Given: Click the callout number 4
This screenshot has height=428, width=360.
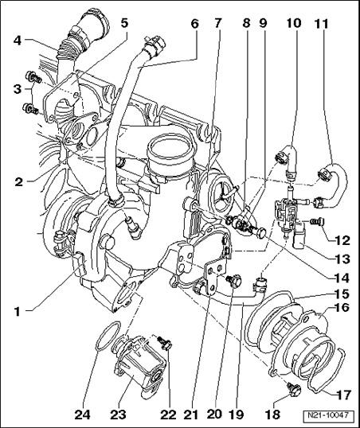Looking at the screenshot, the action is (x=18, y=41).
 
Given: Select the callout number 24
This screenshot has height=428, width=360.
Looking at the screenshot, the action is (x=84, y=414).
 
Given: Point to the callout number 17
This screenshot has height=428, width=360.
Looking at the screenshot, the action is (x=343, y=394).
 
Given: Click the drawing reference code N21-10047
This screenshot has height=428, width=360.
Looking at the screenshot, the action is (x=329, y=415).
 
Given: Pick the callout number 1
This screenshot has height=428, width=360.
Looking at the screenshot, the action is (x=18, y=311).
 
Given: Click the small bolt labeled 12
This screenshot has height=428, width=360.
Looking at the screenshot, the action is (x=318, y=221).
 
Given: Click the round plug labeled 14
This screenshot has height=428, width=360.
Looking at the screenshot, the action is (x=260, y=233).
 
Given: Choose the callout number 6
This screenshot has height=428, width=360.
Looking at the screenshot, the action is (x=194, y=24).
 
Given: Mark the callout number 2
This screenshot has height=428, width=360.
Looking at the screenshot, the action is (x=18, y=182).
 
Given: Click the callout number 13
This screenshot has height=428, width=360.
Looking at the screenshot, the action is (x=342, y=259).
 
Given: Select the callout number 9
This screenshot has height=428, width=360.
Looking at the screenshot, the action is (x=262, y=24).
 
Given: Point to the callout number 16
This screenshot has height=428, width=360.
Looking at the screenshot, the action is (x=342, y=308).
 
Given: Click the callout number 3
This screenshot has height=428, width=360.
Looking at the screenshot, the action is (x=17, y=89).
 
